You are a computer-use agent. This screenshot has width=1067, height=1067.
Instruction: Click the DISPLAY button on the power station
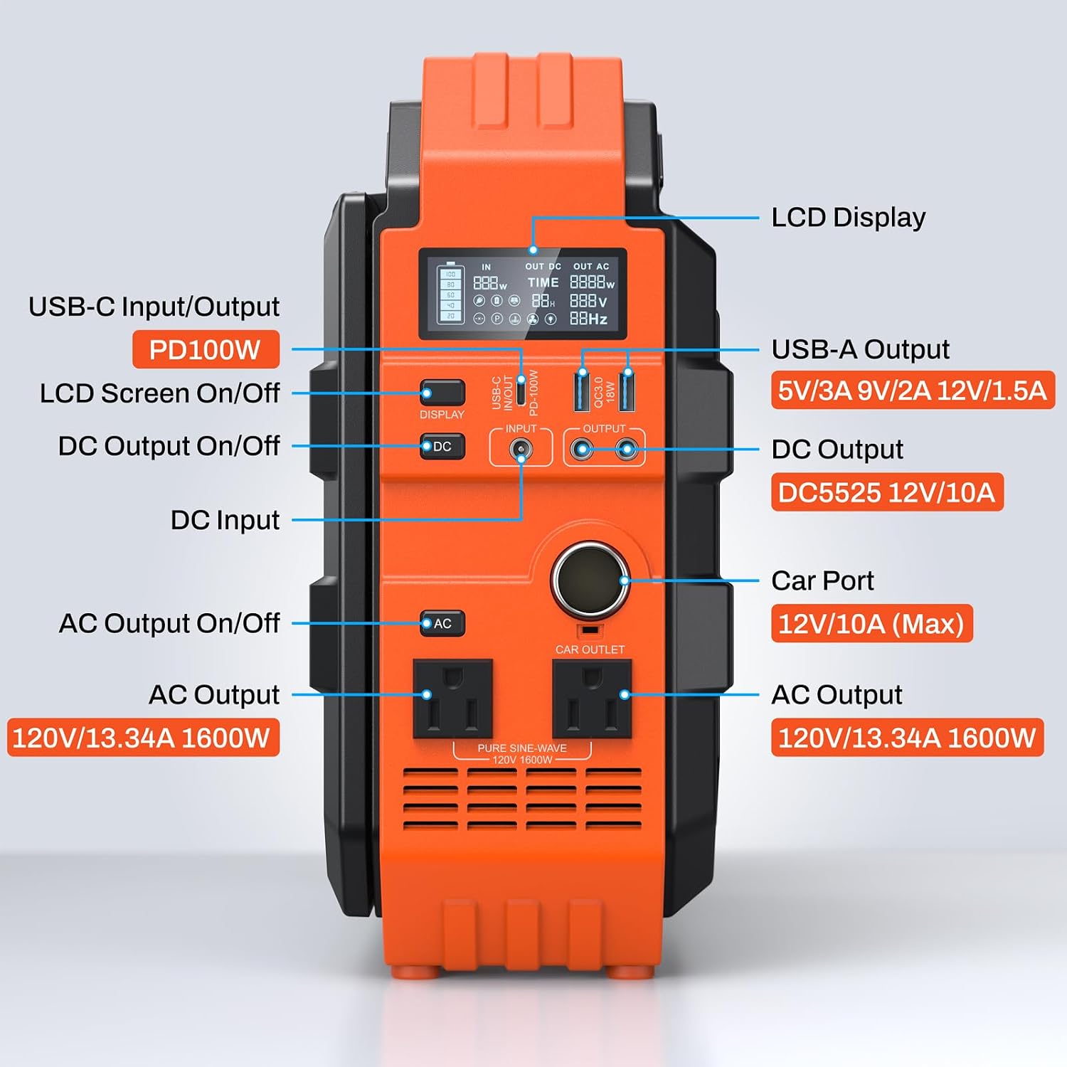[442, 393]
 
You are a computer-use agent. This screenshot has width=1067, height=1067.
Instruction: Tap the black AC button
[442, 623]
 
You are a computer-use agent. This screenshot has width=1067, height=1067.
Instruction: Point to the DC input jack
[521, 449]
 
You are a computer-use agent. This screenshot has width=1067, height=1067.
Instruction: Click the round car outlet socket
[590, 580]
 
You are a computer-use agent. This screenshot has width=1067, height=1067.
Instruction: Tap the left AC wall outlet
[453, 699]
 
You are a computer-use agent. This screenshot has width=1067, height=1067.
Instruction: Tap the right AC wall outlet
[592, 699]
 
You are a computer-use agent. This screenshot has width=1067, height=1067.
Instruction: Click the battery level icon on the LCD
[450, 292]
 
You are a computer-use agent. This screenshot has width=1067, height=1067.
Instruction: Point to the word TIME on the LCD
[543, 282]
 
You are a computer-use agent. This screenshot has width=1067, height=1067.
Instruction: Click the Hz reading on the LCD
[589, 319]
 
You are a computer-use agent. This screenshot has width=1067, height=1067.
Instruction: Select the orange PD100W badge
[206, 349]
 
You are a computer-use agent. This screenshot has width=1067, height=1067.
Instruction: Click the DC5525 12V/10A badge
[887, 492]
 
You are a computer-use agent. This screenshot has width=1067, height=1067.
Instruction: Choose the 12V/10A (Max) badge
[871, 623]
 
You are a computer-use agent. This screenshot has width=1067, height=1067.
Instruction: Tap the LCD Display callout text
[849, 217]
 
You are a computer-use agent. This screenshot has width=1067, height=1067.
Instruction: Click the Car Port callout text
[822, 580]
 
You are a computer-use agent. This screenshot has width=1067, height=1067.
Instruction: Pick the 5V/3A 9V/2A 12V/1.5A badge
[913, 390]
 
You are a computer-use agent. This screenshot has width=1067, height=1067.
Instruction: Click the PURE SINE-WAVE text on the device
[522, 748]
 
